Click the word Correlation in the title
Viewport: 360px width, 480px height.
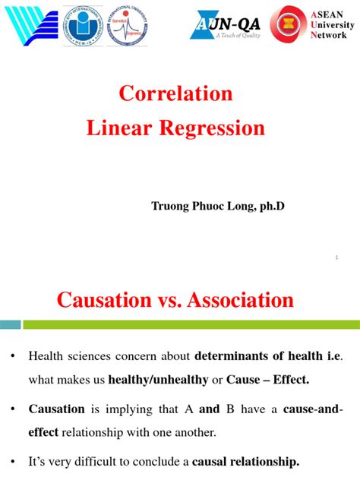tap(175, 94)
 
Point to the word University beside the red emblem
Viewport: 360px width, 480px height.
tap(332, 24)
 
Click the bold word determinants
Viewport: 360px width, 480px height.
tap(230, 355)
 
